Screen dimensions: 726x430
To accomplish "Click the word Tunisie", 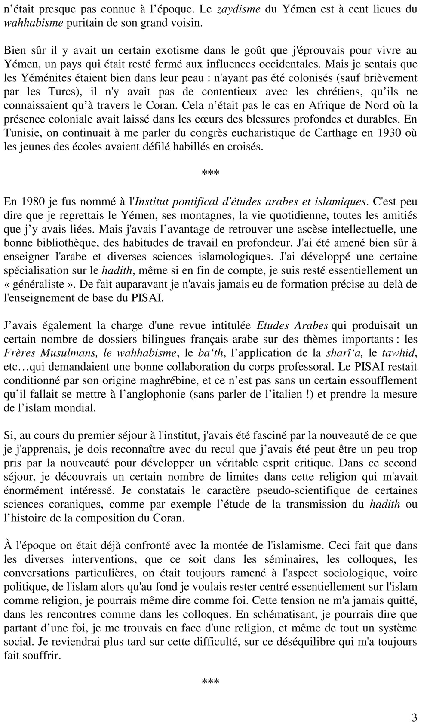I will point(20,133).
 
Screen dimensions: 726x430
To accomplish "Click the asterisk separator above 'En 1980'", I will point(210,173).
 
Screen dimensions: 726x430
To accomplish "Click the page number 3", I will point(414,717).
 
